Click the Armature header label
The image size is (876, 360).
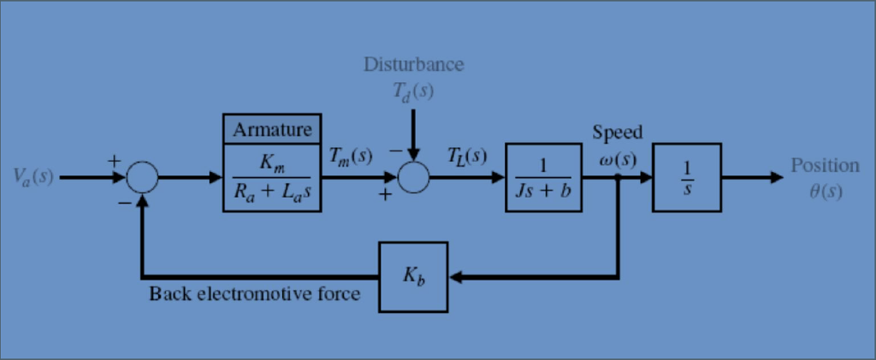(273, 130)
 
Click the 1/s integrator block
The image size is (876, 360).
(686, 177)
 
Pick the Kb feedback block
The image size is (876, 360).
(415, 277)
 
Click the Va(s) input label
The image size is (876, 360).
(33, 177)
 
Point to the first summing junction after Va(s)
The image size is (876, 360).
(143, 178)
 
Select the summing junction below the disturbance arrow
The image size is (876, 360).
(413, 178)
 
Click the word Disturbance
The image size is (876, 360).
(414, 65)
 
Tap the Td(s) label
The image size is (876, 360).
(414, 91)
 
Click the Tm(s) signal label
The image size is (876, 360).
(351, 156)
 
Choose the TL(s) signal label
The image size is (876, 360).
(466, 156)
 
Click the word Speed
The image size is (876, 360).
(617, 133)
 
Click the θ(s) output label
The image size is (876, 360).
(825, 190)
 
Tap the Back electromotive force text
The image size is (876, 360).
(254, 294)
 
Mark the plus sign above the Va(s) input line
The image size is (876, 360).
(112, 160)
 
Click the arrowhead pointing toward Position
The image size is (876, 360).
(775, 177)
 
